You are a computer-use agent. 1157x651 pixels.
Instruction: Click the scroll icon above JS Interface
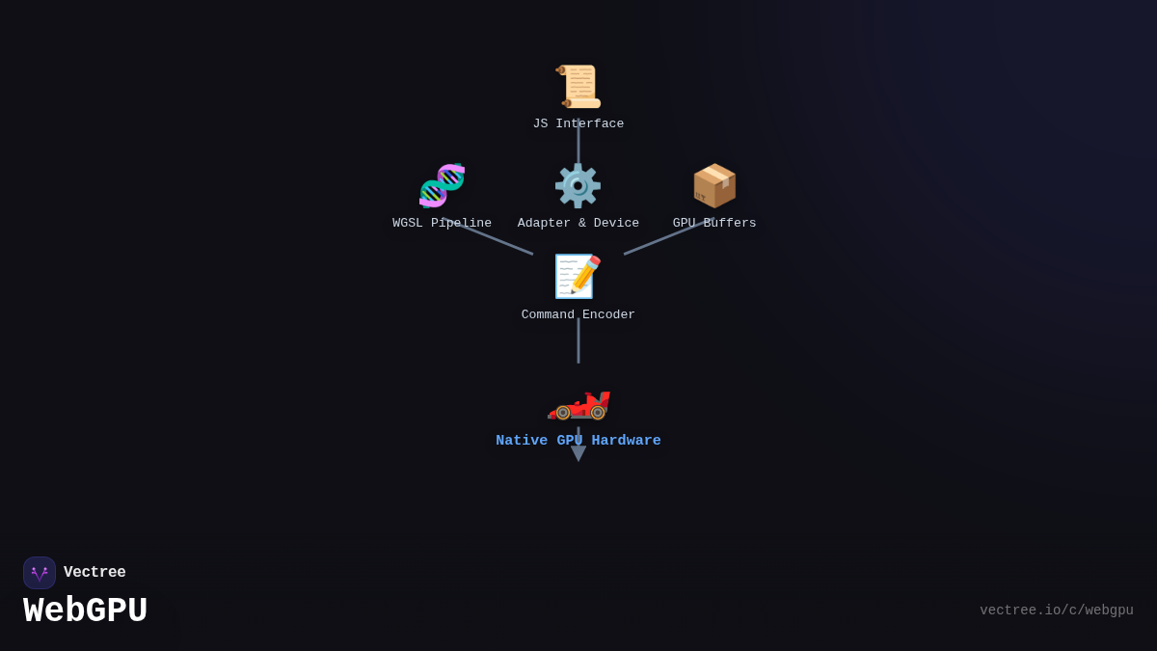[x=578, y=87]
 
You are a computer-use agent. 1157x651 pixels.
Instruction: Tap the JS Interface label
[x=578, y=124]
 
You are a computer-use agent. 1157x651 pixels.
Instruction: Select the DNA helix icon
[x=442, y=185]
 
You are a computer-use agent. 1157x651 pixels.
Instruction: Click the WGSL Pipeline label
[x=442, y=224]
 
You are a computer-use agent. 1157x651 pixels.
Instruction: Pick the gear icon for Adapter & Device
[x=578, y=185]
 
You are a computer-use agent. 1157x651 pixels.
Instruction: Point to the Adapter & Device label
[x=578, y=224]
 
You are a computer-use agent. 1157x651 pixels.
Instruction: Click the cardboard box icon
[x=714, y=185]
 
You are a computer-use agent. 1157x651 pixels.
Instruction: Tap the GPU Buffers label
[x=714, y=224]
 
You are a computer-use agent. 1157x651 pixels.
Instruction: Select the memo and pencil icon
[x=578, y=277]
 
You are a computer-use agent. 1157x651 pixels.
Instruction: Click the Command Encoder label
[x=578, y=315]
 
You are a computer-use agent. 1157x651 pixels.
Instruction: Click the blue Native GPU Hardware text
[x=578, y=441]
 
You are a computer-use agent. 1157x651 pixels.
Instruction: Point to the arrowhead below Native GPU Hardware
[x=578, y=453]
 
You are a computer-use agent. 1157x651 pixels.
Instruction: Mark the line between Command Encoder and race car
[x=578, y=342]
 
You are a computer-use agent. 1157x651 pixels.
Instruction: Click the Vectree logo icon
[x=40, y=573]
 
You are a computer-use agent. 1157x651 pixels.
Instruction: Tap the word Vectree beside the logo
[x=94, y=573]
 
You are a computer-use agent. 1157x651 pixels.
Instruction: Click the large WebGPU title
[x=86, y=611]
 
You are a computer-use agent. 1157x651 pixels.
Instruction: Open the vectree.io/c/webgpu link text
[x=1056, y=610]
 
